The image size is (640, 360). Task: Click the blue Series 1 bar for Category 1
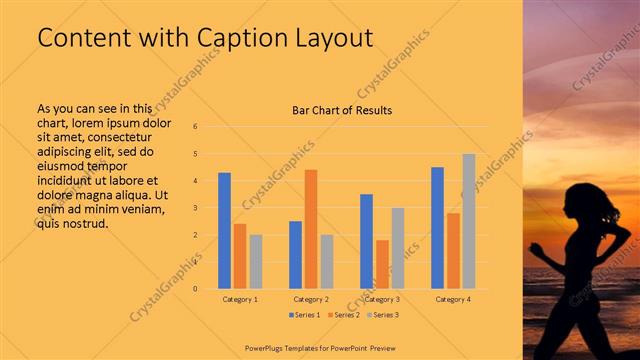click(x=225, y=231)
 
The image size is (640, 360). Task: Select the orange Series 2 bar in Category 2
click(x=311, y=229)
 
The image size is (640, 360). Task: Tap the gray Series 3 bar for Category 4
click(x=468, y=221)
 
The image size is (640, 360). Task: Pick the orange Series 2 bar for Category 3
click(x=382, y=264)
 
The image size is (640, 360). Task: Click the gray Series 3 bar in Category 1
click(x=256, y=262)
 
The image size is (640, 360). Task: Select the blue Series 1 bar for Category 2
click(x=295, y=255)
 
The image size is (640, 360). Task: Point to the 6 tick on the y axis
click(x=195, y=126)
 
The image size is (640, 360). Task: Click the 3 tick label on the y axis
click(x=195, y=208)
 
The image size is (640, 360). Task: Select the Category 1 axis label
click(x=240, y=299)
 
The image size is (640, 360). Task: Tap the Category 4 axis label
click(x=453, y=299)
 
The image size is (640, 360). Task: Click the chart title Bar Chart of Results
click(x=342, y=109)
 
